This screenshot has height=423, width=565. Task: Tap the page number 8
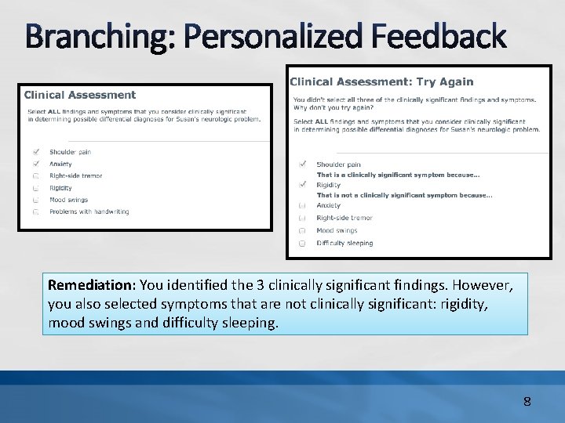[x=527, y=402]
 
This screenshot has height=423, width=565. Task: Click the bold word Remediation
[x=91, y=284]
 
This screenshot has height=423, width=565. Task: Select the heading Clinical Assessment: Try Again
[x=381, y=81]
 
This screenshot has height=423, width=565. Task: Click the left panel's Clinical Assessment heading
[x=80, y=95]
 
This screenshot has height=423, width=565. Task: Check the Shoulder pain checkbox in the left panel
[x=36, y=152]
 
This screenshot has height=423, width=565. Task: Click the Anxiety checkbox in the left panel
[x=36, y=164]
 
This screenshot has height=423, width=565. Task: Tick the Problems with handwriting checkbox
[x=36, y=211]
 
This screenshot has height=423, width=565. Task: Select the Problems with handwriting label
[x=89, y=211]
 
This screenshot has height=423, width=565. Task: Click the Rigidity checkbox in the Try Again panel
[x=302, y=185]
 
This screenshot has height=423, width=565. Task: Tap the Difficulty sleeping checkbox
[x=302, y=243]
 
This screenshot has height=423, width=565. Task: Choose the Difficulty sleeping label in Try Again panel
[x=344, y=243]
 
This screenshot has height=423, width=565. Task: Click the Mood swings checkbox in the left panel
[x=36, y=200]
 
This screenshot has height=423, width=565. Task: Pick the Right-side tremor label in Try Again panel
[x=344, y=218]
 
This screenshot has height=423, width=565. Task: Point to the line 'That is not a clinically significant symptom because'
[x=404, y=195]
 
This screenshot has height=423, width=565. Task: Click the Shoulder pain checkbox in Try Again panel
[x=302, y=164]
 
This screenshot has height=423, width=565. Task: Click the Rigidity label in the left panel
[x=60, y=188]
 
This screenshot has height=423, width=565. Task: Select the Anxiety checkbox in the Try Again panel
[x=302, y=205]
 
